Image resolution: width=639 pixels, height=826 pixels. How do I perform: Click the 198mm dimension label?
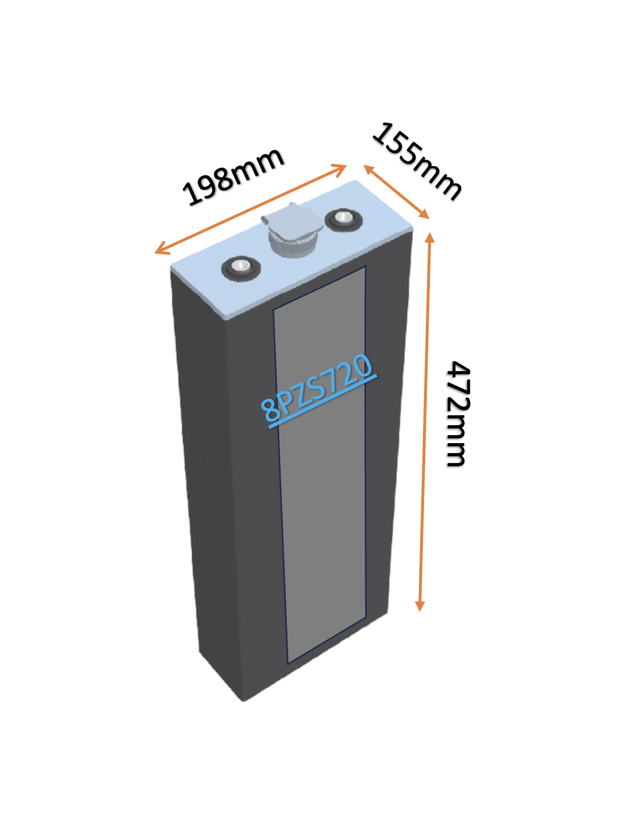[x=233, y=177]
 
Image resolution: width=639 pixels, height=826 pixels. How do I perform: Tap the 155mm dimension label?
[x=417, y=161]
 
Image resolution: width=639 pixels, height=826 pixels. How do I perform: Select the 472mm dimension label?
[x=457, y=414]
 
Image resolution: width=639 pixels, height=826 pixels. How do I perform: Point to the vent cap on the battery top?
[x=292, y=229]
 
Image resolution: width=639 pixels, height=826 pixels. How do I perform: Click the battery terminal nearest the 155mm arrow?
[x=343, y=220]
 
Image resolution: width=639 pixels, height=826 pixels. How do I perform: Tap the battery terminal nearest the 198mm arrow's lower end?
[x=240, y=268]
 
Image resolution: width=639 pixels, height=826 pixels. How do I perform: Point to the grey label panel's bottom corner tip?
[x=288, y=664]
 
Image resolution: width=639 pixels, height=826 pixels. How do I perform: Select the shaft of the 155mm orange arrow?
[x=397, y=192]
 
